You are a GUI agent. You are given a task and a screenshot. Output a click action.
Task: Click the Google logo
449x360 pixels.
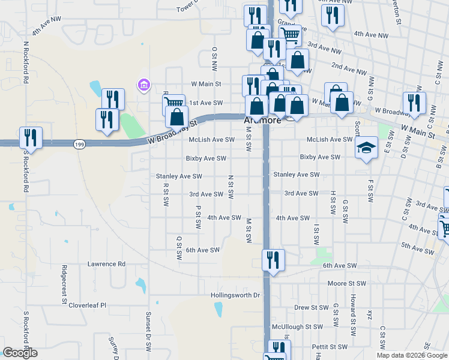(20, 353)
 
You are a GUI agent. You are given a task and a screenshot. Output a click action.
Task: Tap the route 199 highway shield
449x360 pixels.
(79, 144)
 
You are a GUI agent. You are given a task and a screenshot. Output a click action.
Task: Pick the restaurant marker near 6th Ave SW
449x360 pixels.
(273, 260)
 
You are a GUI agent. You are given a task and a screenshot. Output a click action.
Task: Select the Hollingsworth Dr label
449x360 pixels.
(235, 295)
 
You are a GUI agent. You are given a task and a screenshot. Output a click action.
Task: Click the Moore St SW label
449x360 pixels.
(346, 283)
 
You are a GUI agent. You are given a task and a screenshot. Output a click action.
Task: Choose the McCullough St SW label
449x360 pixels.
(297, 327)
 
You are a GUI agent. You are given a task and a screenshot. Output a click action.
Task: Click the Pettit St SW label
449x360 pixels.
(330, 347)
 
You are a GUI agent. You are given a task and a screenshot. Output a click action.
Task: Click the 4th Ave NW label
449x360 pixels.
(47, 28)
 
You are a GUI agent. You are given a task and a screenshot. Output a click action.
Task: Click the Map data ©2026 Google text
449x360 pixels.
(411, 355)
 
